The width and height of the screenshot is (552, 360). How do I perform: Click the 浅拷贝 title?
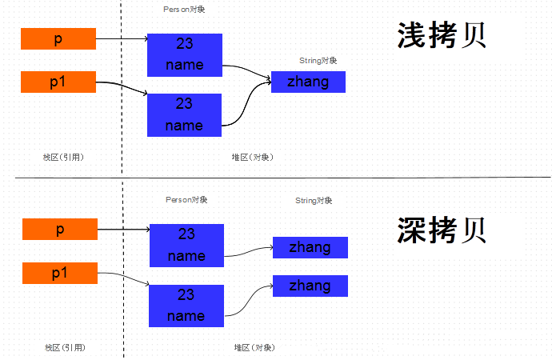click(x=442, y=36)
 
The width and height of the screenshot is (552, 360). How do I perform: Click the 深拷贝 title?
click(x=442, y=230)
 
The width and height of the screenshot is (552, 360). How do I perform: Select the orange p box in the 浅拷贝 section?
click(x=58, y=38)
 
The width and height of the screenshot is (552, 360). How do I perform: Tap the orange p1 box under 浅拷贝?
click(x=58, y=82)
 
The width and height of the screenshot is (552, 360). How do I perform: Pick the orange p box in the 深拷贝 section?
click(x=60, y=230)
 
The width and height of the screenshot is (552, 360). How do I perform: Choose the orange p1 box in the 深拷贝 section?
click(x=60, y=273)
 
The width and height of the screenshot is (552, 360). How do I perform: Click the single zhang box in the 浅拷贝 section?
click(x=308, y=82)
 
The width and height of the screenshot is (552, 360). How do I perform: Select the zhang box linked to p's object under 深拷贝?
click(x=310, y=247)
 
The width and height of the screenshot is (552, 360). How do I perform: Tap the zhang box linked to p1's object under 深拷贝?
click(x=310, y=286)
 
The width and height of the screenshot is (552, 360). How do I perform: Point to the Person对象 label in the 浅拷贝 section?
click(x=183, y=9)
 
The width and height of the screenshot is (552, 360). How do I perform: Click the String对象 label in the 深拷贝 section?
click(x=314, y=200)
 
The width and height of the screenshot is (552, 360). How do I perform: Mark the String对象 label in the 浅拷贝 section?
click(x=318, y=60)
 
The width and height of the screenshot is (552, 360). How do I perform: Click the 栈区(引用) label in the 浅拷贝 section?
click(x=64, y=157)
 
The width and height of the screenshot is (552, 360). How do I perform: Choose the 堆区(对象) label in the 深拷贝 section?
click(x=254, y=347)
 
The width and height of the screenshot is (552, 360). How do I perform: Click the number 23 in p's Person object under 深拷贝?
click(x=186, y=234)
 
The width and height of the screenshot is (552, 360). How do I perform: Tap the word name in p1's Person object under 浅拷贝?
click(x=184, y=126)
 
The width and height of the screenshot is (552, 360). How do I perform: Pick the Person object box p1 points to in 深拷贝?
click(x=186, y=305)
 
